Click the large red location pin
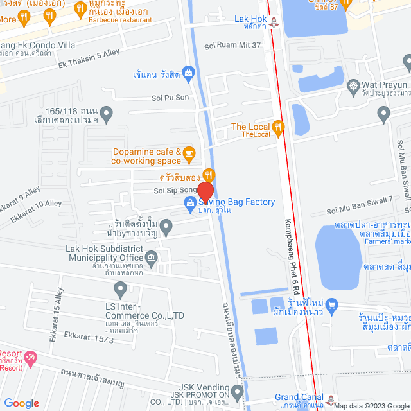pyautogui.click(x=205, y=193)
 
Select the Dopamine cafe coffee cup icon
pyautogui.click(x=188, y=152)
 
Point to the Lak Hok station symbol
pyautogui.click(x=275, y=22)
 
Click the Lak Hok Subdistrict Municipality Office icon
pyautogui.click(x=151, y=259)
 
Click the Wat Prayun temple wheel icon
pyautogui.click(x=353, y=85)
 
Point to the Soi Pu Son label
pyautogui.click(x=170, y=98)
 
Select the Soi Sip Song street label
pyautogui.click(x=175, y=191)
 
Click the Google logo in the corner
pyautogui.click(x=21, y=403)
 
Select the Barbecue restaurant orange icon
pyautogui.click(x=80, y=9)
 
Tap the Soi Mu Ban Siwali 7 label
pyautogui.click(x=368, y=209)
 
